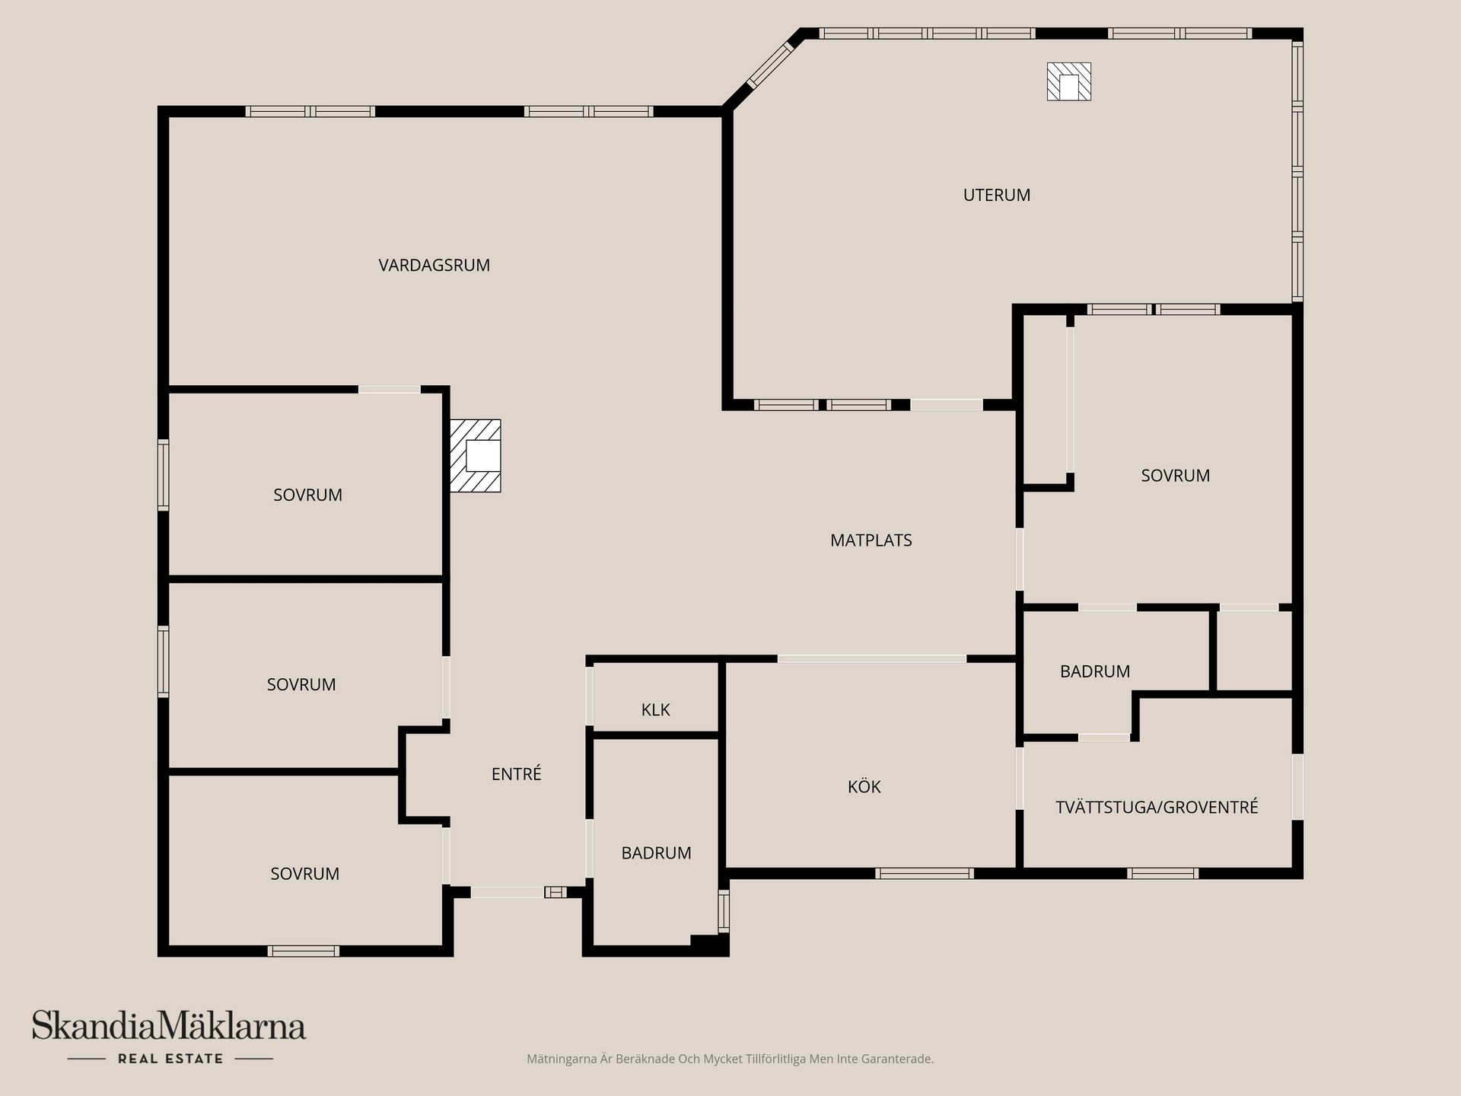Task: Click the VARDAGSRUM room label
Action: click(x=434, y=265)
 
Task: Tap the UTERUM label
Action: click(x=997, y=195)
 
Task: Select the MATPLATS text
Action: click(x=871, y=540)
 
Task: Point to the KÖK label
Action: click(x=864, y=786)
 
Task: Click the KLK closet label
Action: click(x=655, y=710)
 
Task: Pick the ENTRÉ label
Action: click(x=516, y=773)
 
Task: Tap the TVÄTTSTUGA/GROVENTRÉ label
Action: click(x=1157, y=807)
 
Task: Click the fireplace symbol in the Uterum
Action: click(x=1069, y=81)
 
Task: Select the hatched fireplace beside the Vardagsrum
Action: click(x=476, y=455)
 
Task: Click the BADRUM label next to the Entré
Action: click(x=656, y=853)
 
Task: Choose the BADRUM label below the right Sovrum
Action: click(x=1095, y=671)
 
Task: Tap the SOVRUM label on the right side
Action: click(x=1175, y=476)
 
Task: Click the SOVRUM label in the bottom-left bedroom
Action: click(x=304, y=874)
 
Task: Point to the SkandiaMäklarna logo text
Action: click(x=169, y=1026)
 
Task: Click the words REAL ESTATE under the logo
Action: click(x=170, y=1059)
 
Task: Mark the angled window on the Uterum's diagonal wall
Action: click(x=770, y=64)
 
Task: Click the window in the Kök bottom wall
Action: click(x=924, y=873)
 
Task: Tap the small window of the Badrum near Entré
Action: click(x=724, y=911)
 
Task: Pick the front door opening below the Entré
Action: click(x=508, y=892)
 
